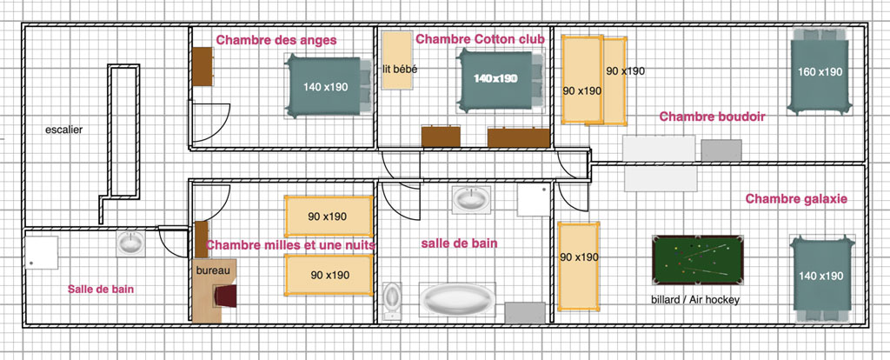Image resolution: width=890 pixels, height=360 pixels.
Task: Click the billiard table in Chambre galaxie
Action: coord(698,259)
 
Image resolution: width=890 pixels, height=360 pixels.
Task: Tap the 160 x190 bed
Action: coord(820,71)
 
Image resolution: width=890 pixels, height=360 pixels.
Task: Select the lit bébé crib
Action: coord(397,60)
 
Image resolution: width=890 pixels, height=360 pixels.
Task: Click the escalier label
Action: coord(64,130)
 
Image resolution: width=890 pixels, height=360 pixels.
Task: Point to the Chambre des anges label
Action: coord(276,40)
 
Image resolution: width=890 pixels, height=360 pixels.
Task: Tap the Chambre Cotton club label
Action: coord(480,39)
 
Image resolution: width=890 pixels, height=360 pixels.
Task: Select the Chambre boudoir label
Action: coord(713,117)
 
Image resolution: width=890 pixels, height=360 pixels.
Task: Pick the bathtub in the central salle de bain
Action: coord(457,299)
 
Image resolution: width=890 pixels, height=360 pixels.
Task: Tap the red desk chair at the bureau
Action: coord(225,296)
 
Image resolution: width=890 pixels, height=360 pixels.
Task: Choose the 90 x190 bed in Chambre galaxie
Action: coord(579,266)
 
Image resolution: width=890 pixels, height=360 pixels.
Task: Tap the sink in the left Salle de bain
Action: coord(130,243)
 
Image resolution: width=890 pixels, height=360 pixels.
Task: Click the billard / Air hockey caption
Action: coord(695,300)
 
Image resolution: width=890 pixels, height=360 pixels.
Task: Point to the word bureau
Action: coord(214,270)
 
